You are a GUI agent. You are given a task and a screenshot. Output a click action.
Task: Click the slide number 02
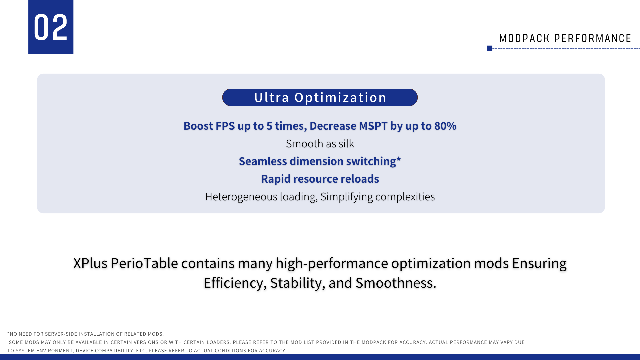point(51,27)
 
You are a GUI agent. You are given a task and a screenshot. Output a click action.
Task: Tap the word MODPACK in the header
point(524,38)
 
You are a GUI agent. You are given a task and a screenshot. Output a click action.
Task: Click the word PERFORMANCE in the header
point(593,38)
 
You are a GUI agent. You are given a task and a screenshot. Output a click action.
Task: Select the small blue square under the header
point(490,48)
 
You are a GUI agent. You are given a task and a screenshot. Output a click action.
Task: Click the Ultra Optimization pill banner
point(320,97)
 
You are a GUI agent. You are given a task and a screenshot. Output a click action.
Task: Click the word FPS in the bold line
point(225,126)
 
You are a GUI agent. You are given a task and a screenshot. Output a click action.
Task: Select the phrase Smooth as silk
point(320,144)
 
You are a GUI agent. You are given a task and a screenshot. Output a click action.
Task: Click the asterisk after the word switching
point(399,159)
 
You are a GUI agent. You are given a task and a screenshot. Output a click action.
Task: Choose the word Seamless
point(263,161)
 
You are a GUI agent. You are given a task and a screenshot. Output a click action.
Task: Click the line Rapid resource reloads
point(320,179)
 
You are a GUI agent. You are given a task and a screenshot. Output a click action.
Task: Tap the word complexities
point(405,197)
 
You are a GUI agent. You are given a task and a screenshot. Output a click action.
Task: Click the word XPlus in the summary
point(90,263)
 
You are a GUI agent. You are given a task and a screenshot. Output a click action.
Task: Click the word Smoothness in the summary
point(396,283)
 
